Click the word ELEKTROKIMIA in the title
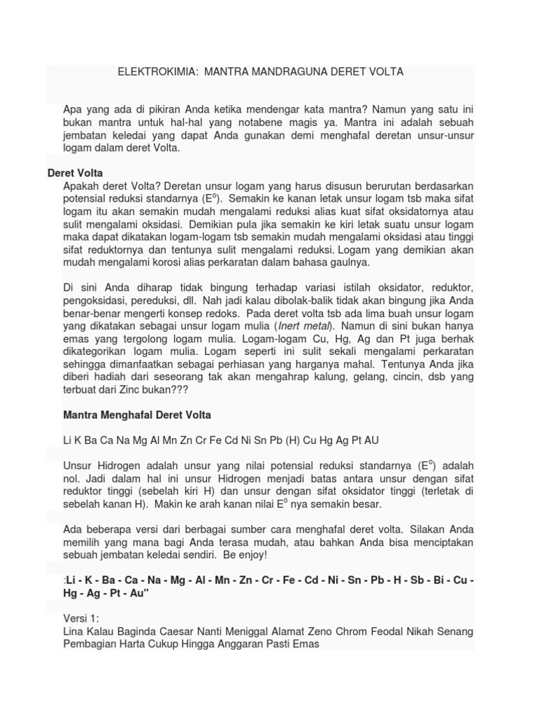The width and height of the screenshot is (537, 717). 147,72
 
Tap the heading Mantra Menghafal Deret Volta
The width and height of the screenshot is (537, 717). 137,415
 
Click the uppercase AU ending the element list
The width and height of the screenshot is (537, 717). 371,440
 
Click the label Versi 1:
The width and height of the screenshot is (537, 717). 81,619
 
